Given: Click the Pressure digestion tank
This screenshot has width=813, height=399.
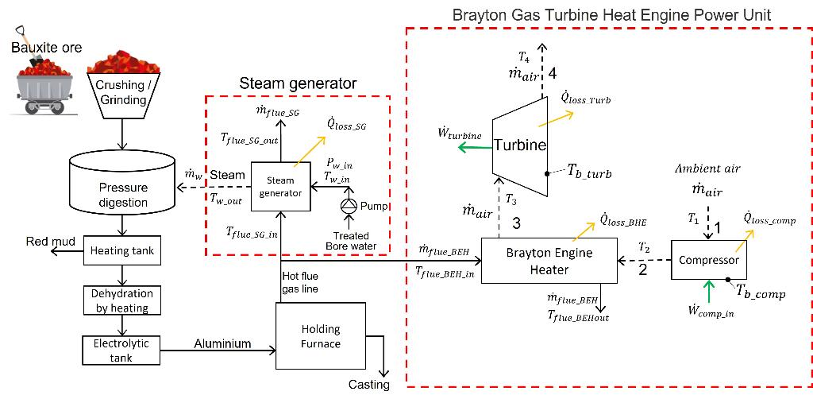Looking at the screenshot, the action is pyautogui.click(x=121, y=186).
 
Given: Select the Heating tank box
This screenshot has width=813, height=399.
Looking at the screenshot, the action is pyautogui.click(x=121, y=251).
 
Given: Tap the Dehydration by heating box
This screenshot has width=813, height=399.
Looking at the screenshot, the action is pyautogui.click(x=121, y=300).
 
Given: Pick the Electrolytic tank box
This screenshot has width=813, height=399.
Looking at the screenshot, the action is pyautogui.click(x=121, y=351).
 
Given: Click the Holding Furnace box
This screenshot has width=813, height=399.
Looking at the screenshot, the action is pyautogui.click(x=322, y=336).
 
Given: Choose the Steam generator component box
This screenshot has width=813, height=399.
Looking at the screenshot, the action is pyautogui.click(x=280, y=186).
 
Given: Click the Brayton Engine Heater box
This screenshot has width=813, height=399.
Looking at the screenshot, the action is pyautogui.click(x=549, y=261).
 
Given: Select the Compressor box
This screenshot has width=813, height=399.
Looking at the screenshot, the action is pyautogui.click(x=709, y=259).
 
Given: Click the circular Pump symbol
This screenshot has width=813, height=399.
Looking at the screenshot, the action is pyautogui.click(x=347, y=206).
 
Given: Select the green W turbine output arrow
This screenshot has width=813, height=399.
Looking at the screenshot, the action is pyautogui.click(x=475, y=149).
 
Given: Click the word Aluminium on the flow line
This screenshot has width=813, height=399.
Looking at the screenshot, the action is pyautogui.click(x=223, y=343).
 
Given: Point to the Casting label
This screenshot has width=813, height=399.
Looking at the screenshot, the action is pyautogui.click(x=368, y=385).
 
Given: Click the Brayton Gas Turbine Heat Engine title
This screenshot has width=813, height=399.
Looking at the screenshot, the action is pyautogui.click(x=612, y=14).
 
